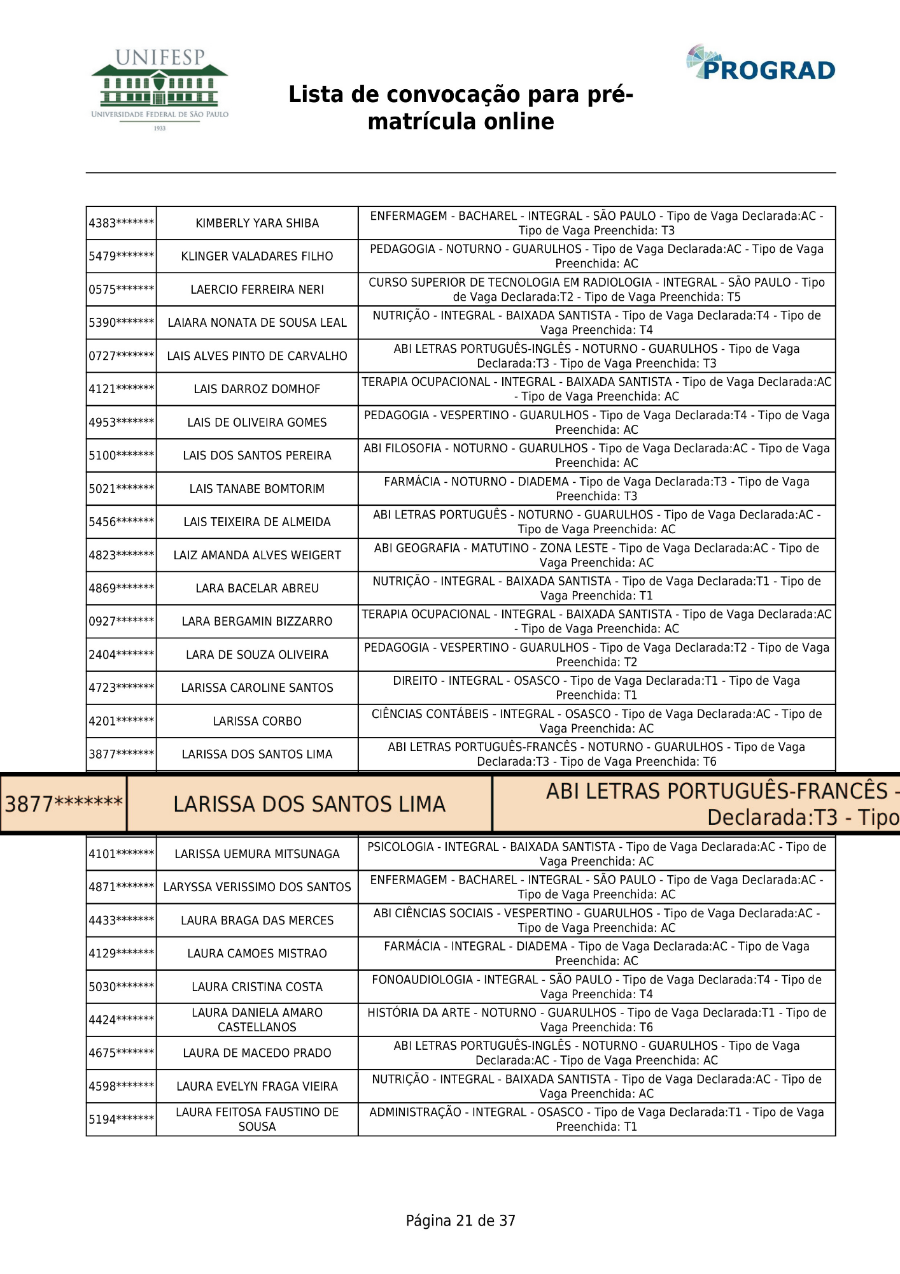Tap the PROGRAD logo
tap(761, 64)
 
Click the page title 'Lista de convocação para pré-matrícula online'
tap(461, 108)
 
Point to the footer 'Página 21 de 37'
tap(460, 1220)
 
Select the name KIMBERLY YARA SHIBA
tap(257, 224)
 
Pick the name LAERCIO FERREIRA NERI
tap(257, 290)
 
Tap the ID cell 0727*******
tap(121, 356)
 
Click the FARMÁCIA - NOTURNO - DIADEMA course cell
tap(596, 489)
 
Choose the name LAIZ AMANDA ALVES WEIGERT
tap(257, 555)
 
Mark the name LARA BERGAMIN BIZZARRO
tap(257, 622)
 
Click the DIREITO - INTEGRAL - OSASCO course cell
tap(596, 688)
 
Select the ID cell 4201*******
tap(121, 721)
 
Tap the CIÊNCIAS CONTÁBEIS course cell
tap(596, 721)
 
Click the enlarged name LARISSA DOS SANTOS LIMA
tap(309, 805)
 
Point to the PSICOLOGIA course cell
tap(596, 854)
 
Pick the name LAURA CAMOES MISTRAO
tap(257, 954)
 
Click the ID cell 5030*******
tap(121, 987)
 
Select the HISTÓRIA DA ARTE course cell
tap(596, 1020)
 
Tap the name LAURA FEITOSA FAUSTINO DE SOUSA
tap(257, 1119)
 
